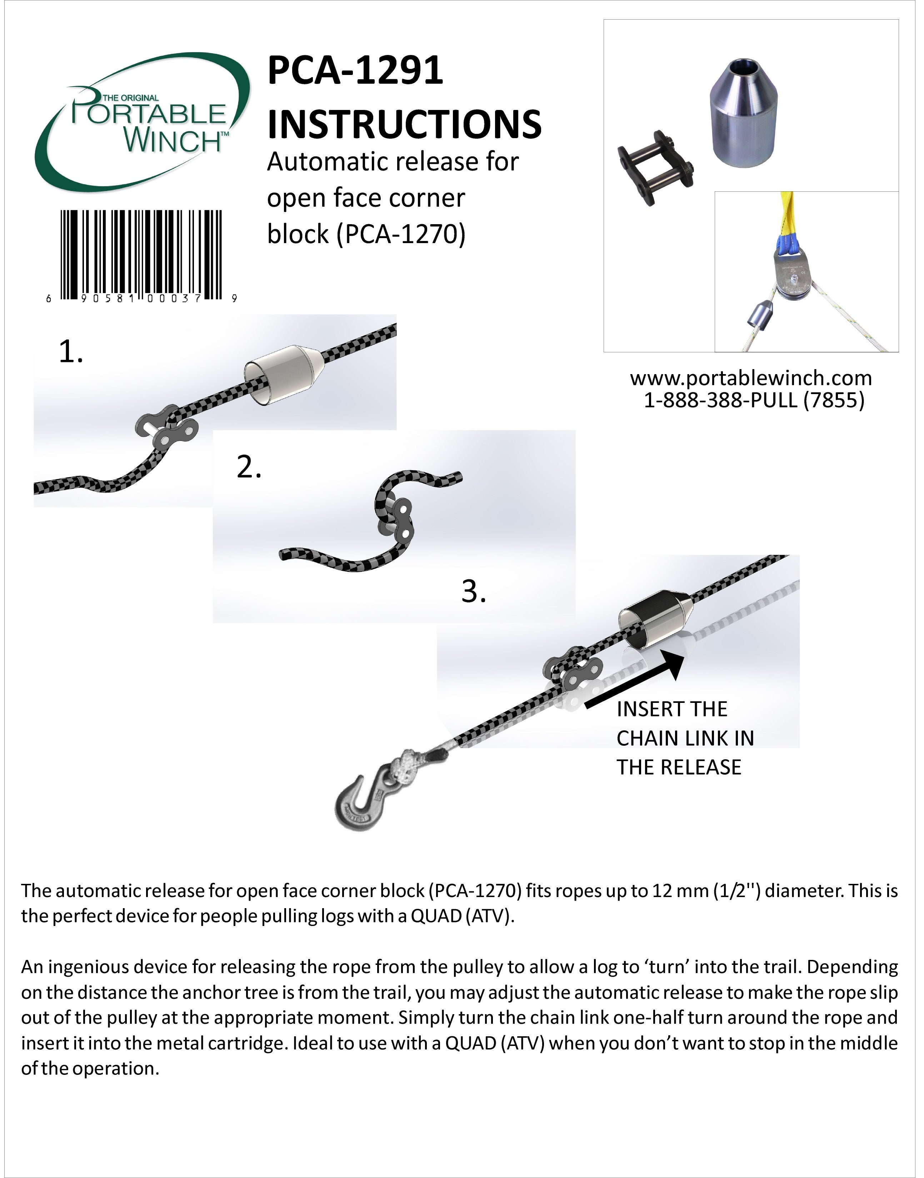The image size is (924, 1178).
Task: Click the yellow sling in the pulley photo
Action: (x=788, y=216)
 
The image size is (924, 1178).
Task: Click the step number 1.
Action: (x=70, y=352)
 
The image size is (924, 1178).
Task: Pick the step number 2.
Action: (x=249, y=468)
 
